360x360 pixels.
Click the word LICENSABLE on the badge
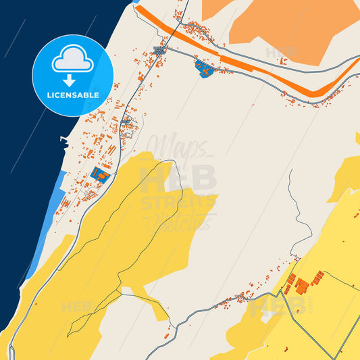pyautogui.click(x=73, y=95)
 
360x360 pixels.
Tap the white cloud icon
pyautogui.click(x=73, y=61)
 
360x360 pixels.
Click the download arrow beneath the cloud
pyautogui.click(x=73, y=80)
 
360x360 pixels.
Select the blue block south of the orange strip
pyautogui.click(x=203, y=67)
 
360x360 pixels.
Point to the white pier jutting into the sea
pyautogui.click(x=64, y=140)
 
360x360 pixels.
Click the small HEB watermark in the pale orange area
pyautogui.click(x=281, y=52)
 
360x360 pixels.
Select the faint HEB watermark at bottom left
pyautogui.click(x=76, y=307)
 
